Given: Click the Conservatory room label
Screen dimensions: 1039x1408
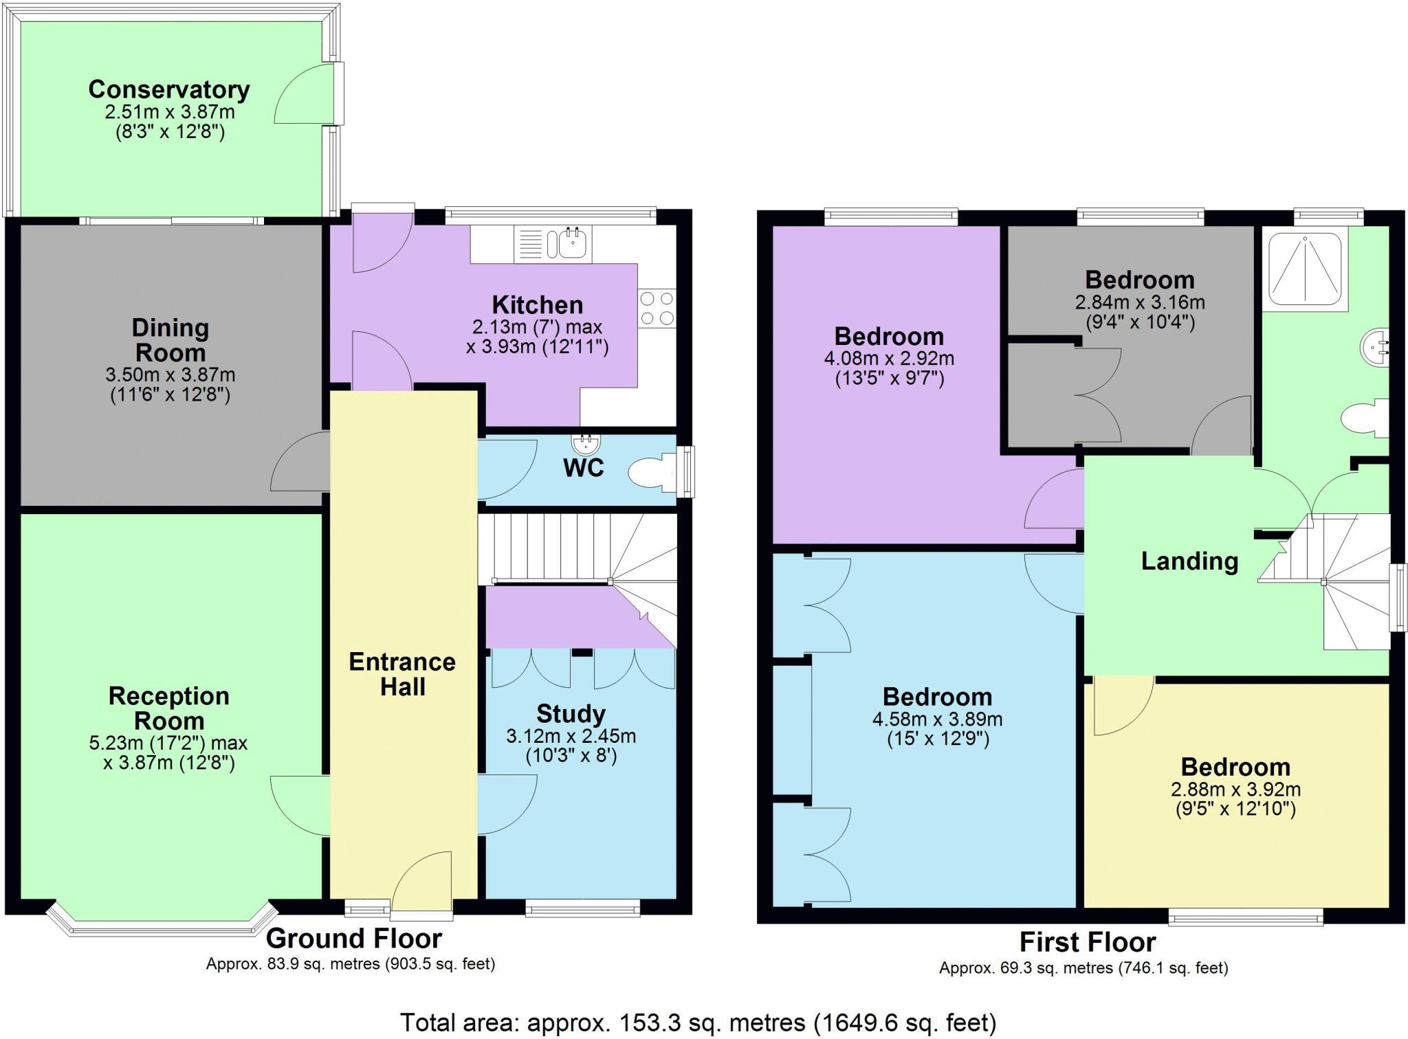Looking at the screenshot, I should pos(168,89).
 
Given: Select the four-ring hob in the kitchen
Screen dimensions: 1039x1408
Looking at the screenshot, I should pos(657,309).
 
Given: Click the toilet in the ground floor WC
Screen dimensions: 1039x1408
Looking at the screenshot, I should pos(649,473).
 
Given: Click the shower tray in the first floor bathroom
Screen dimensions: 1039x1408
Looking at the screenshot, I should pos(1304,269).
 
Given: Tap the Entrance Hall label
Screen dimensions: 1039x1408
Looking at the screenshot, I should pos(402,674).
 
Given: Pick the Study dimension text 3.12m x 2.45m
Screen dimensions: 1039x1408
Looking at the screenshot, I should pos(571,737).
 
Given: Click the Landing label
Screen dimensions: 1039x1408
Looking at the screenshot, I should pos(1189,561).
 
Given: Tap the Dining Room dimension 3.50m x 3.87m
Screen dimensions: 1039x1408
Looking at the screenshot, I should pos(170,375).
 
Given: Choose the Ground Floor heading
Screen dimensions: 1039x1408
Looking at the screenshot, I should pos(353,938).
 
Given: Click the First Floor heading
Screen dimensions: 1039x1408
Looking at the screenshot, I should pos(1087,941).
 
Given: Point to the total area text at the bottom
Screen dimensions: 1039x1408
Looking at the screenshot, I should pos(697,1023).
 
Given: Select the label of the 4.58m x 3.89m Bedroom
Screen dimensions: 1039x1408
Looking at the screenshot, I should pos(936,697).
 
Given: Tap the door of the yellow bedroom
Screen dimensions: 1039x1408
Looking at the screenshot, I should pos(1122,706).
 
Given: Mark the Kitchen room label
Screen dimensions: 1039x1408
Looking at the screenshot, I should pos(537,304).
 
